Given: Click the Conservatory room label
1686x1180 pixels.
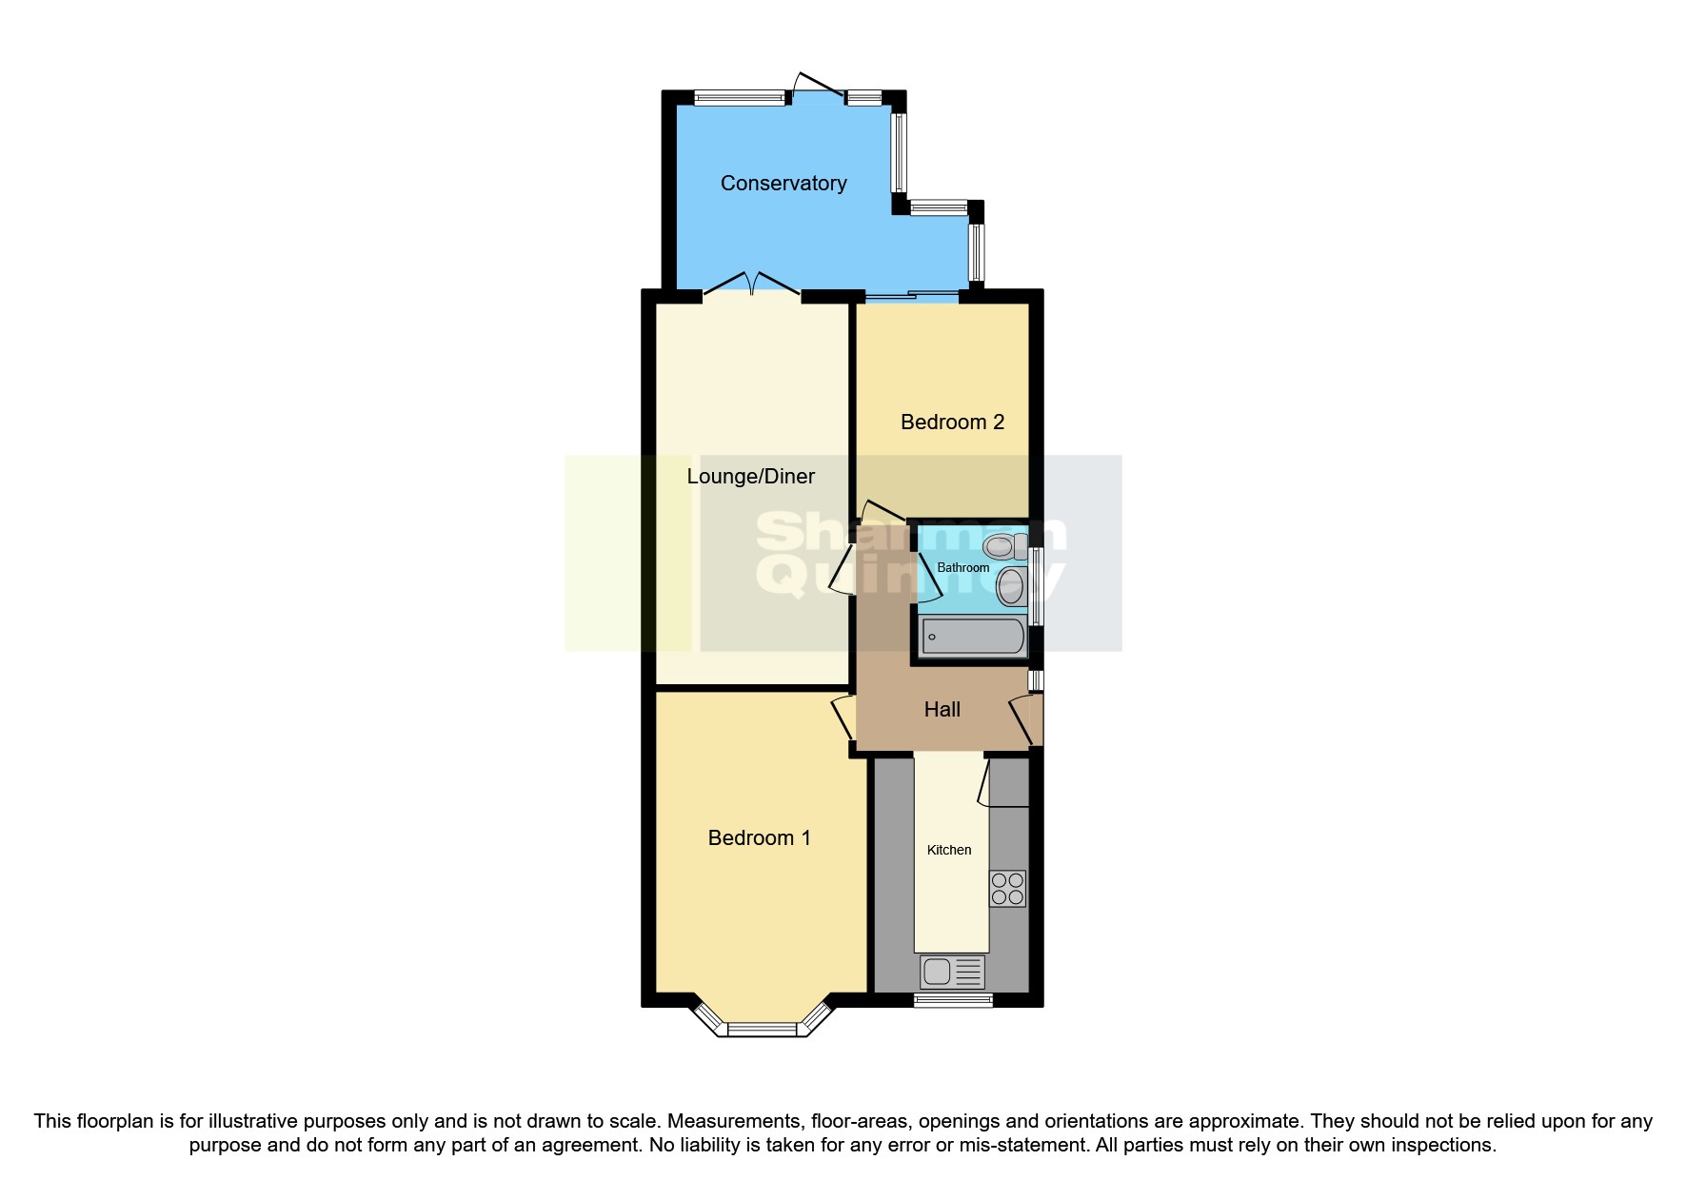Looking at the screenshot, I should tap(783, 184).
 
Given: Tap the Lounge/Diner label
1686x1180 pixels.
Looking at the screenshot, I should tap(750, 477).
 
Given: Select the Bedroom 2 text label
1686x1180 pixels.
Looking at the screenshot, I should tap(952, 423).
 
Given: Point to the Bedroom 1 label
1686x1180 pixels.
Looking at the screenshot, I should tap(759, 838).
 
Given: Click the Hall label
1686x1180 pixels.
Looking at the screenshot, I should tap(942, 710).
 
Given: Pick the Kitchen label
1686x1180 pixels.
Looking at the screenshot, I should tap(949, 851).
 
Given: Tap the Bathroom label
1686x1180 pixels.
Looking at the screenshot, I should tap(962, 568).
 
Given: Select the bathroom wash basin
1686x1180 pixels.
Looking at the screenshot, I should tap(1011, 587).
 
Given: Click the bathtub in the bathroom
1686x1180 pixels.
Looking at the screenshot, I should tap(973, 637).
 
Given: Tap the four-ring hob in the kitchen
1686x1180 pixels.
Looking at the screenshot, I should tap(1007, 889).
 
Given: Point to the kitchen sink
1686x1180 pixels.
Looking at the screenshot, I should tap(952, 972).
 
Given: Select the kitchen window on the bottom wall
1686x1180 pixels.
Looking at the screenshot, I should tap(953, 1000).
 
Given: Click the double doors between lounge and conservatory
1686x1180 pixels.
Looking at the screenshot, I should tap(752, 285).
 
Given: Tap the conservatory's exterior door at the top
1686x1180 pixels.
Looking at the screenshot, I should tap(817, 86).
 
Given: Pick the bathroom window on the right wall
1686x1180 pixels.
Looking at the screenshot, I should tap(1036, 586).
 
